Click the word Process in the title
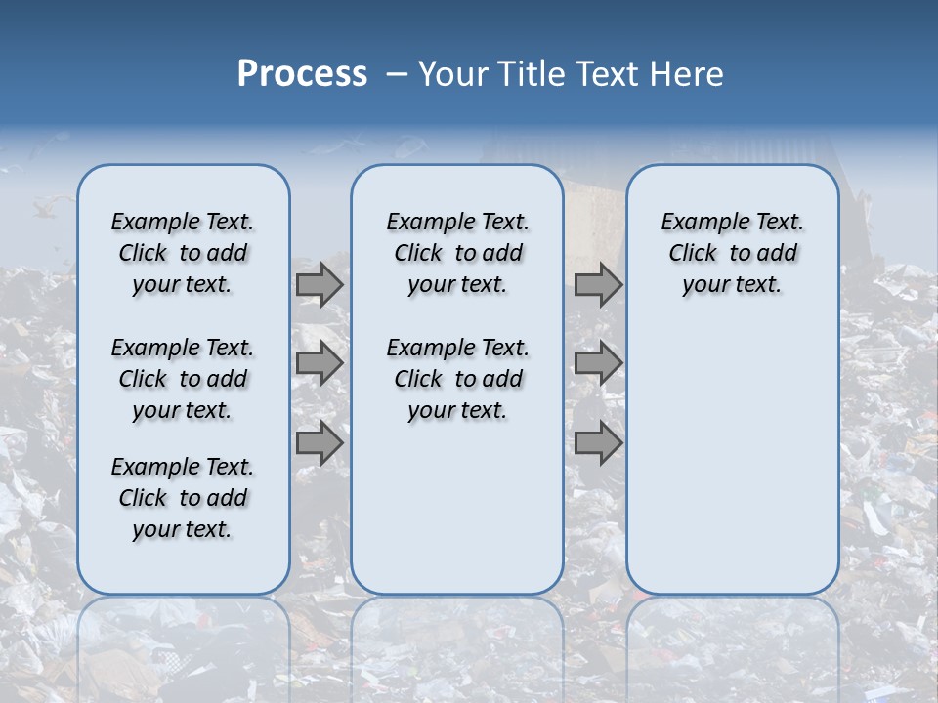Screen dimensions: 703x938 [x=302, y=74]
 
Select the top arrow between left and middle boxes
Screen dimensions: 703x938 [x=320, y=284]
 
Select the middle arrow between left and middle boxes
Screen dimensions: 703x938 [x=320, y=363]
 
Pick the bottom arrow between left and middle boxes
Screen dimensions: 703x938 [x=320, y=443]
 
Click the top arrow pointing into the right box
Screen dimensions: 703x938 [x=598, y=284]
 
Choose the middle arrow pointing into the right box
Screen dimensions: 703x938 [x=598, y=363]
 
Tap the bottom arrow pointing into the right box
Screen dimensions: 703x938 [x=598, y=443]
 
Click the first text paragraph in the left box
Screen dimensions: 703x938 [x=183, y=253]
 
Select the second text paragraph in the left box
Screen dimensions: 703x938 [x=183, y=379]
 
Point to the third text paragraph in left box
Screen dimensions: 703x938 [x=183, y=498]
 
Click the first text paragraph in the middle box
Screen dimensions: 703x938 [x=457, y=253]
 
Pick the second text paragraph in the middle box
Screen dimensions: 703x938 [x=457, y=379]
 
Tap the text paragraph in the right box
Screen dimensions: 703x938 [x=732, y=253]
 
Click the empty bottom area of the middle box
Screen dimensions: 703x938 [x=457, y=517]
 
